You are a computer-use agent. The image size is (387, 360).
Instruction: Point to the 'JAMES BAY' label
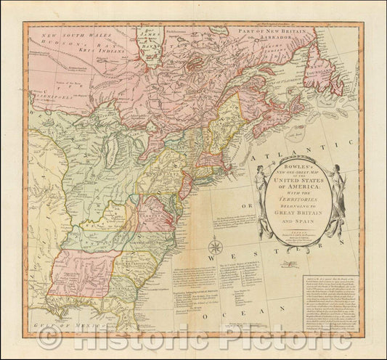tap(148, 36)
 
